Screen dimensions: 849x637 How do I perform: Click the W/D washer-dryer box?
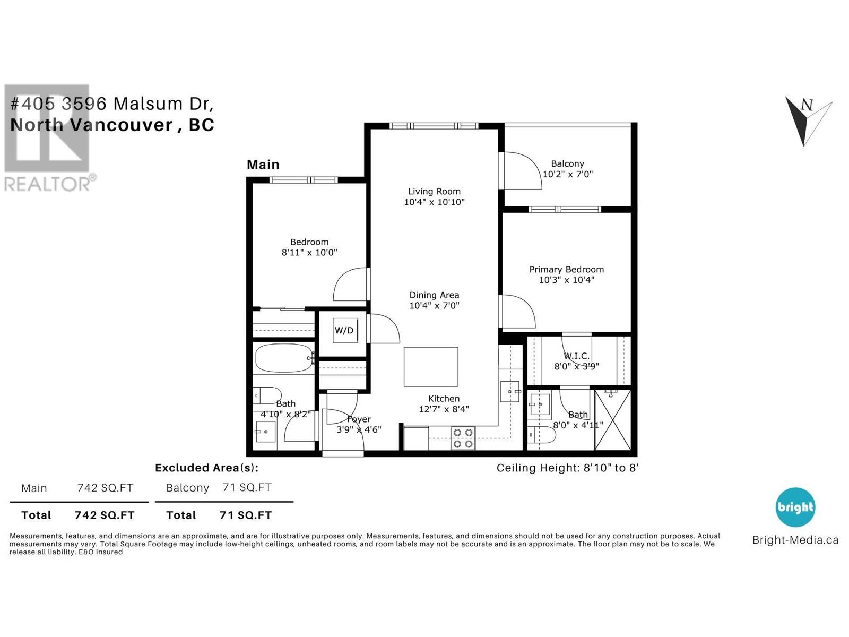344,330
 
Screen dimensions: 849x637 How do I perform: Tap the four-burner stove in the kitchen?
463,438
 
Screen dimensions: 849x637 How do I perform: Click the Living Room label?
434,191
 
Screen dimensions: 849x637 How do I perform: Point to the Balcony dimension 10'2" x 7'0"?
567,174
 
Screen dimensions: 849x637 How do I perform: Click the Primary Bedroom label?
566,269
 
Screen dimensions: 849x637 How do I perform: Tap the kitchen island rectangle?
431,367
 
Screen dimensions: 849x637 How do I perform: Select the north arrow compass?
808,120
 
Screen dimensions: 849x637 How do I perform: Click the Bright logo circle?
795,507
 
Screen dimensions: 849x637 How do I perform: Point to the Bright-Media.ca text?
795,540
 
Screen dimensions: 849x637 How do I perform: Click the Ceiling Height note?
567,468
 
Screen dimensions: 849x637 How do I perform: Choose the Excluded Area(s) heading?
206,468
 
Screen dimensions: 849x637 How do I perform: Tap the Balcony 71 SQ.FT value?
247,487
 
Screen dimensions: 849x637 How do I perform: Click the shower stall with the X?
612,420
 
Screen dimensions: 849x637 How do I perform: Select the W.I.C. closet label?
576,356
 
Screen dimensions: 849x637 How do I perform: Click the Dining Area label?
434,295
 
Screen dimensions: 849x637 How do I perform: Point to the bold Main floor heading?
263,165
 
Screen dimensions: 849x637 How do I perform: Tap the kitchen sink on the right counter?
509,391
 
